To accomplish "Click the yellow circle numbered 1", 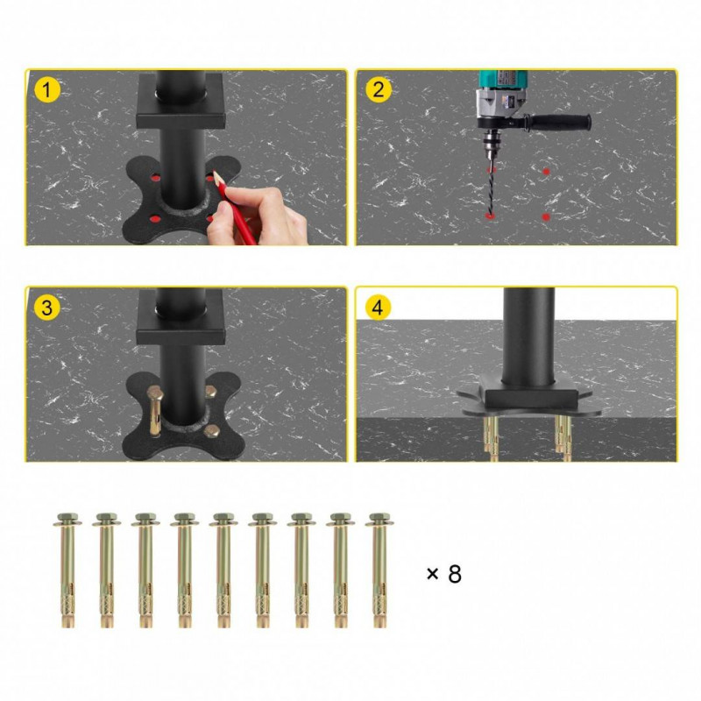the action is (x=47, y=90).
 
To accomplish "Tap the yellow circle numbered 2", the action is (x=379, y=89).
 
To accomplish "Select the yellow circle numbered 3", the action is (x=47, y=308).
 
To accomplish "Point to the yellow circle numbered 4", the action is (x=378, y=308).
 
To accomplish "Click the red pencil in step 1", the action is (x=234, y=208).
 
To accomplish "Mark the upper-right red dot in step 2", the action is (x=546, y=171).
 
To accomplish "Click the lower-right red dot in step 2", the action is (x=545, y=217).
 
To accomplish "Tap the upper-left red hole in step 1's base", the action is (x=155, y=178).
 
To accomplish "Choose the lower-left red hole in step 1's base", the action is (x=155, y=218).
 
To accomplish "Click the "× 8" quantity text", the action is (x=444, y=574).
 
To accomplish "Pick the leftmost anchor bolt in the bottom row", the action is (x=67, y=570).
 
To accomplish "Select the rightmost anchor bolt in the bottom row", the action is (x=379, y=570).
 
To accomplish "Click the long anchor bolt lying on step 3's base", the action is (x=155, y=409).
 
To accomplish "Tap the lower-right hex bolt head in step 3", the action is (x=211, y=431).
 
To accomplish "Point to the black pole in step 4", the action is (x=528, y=338).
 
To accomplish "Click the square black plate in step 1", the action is (x=181, y=101).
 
